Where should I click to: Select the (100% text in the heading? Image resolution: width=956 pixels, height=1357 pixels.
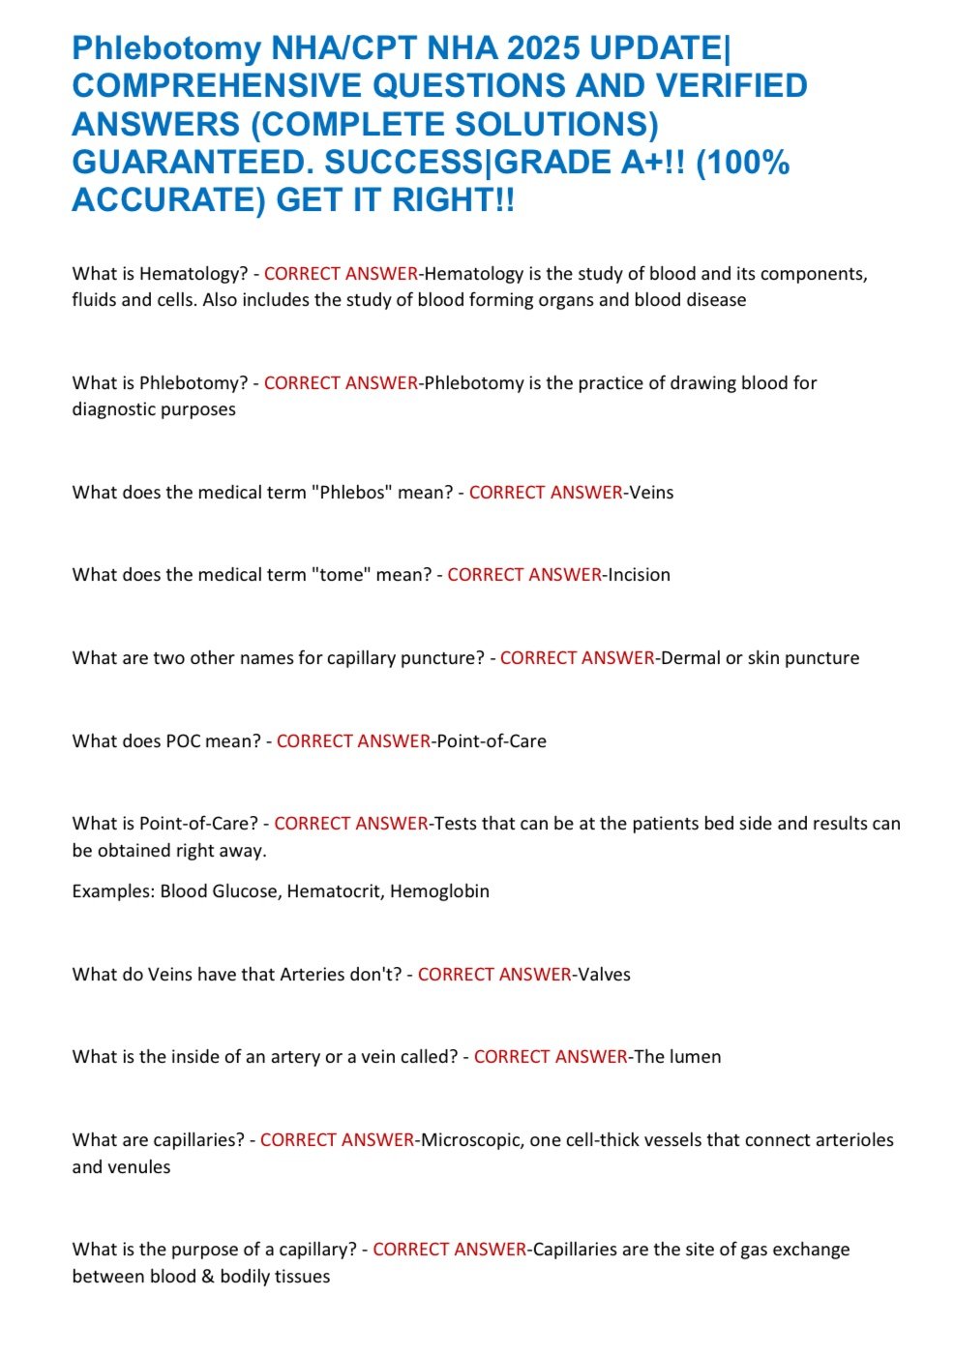[x=742, y=162]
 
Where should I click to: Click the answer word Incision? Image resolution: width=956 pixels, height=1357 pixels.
[x=639, y=575]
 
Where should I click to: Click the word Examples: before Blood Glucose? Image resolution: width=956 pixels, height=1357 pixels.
[x=113, y=891]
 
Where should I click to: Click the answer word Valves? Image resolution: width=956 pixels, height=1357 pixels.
[x=604, y=975]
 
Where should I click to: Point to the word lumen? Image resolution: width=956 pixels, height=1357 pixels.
[x=695, y=1057]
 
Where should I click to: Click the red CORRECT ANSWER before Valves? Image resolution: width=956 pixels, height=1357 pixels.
[x=494, y=975]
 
